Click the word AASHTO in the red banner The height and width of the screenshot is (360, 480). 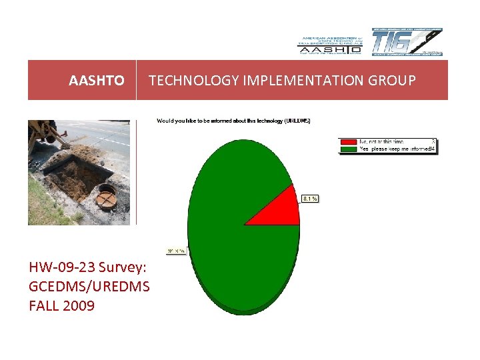(x=96, y=81)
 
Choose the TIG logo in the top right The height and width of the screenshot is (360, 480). (x=406, y=42)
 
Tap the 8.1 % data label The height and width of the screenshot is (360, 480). (x=310, y=199)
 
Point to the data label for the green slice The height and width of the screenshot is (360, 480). (x=175, y=251)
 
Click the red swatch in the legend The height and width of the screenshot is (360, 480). (x=348, y=141)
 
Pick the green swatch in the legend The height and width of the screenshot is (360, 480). (x=348, y=149)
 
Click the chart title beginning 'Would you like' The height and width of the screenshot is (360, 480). (x=233, y=121)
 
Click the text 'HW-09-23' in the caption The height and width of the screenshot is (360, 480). (x=61, y=267)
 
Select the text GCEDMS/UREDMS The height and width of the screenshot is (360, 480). (x=89, y=287)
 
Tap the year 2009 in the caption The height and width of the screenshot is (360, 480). (x=79, y=306)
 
